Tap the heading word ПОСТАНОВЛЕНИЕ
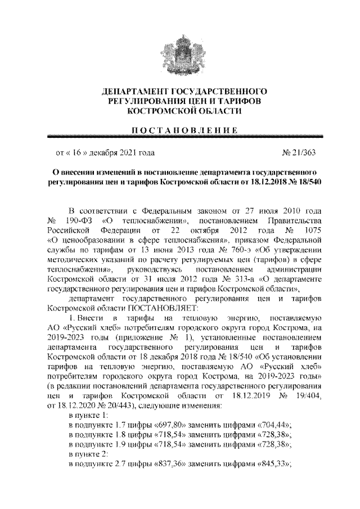coord(179,130)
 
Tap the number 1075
coord(309,231)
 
